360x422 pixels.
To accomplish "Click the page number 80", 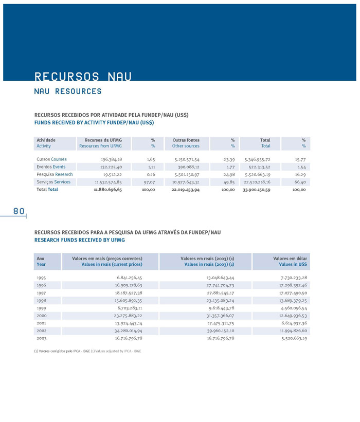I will pyautogui.click(x=19, y=211).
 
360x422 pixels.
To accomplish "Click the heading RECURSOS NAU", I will pyautogui.click(x=83, y=77).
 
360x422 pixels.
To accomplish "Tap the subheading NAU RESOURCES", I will pyautogui.click(x=68, y=91).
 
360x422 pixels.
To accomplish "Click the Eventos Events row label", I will pyautogui.click(x=51, y=167).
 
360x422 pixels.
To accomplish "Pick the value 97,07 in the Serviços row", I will pyautogui.click(x=149, y=182).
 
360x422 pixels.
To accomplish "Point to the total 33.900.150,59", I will pyautogui.click(x=264, y=190).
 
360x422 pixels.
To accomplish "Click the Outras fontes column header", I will pyautogui.click(x=186, y=140).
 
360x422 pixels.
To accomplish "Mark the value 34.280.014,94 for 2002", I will pyautogui.click(x=122, y=331).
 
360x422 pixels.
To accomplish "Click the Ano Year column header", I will pyautogui.click(x=41, y=261).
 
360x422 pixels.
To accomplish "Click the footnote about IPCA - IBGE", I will pyautogui.click(x=87, y=351).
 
